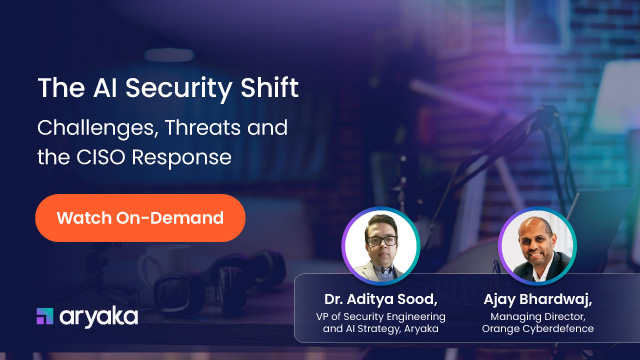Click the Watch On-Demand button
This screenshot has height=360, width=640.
(139, 217)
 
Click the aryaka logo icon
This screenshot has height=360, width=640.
(44, 317)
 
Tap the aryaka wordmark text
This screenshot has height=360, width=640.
(99, 317)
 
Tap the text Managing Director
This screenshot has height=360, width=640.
(539, 317)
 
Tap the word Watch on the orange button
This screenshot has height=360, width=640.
(80, 217)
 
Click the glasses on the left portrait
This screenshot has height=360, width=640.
(379, 236)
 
